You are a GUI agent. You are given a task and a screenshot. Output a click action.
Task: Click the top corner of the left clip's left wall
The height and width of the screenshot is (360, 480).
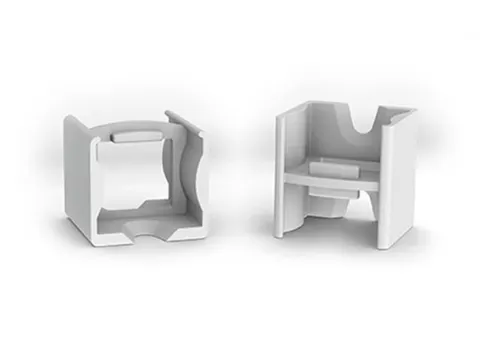coord(70,118)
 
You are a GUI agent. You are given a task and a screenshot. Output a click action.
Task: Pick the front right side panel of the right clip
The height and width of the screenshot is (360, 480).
coord(399,180)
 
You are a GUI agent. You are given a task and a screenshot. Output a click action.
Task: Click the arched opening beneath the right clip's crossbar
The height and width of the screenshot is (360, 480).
coord(336,205)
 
